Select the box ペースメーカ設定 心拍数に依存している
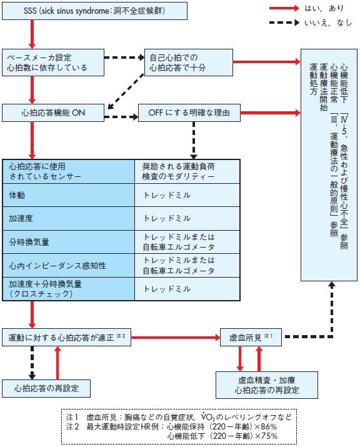(53, 61)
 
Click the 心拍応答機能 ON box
(53, 114)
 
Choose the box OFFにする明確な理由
(187, 114)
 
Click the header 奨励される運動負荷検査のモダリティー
(187, 171)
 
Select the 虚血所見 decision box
(253, 337)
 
